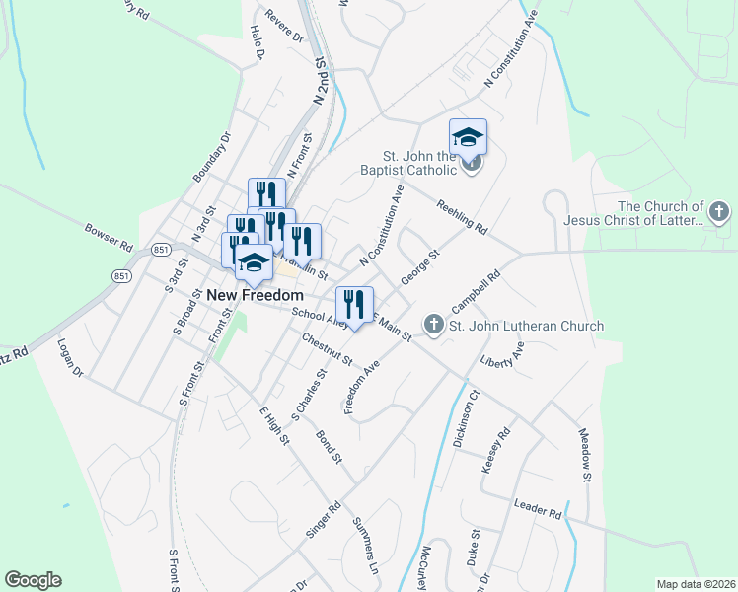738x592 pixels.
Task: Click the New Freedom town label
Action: tap(256, 294)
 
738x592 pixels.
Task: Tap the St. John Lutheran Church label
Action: tap(526, 325)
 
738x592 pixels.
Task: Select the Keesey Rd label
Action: tap(495, 450)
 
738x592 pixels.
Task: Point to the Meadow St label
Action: tap(584, 455)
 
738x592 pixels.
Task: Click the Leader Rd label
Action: tap(537, 509)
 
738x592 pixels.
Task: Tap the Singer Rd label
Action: tap(323, 517)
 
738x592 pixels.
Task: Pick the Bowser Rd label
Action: tap(109, 236)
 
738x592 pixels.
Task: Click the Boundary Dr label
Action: tap(212, 156)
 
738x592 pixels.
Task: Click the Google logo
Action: tap(33, 580)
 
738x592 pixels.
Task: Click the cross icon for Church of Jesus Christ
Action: tap(720, 211)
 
